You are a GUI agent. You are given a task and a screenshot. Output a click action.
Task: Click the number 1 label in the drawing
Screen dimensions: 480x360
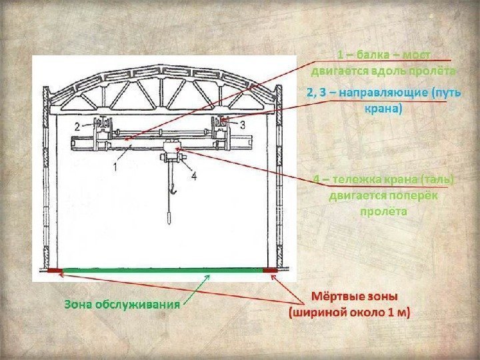click(x=117, y=167)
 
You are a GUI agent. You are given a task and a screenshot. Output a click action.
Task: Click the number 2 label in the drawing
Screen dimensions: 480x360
click(x=77, y=125)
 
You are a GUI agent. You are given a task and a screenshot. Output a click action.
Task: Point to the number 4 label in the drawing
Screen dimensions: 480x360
click(x=193, y=176)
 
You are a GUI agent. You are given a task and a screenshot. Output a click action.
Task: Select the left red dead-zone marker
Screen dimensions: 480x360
click(x=54, y=271)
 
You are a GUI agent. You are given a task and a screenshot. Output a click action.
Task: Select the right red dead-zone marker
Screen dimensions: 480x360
click(x=269, y=271)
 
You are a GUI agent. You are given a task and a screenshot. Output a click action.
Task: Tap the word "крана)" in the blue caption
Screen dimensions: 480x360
click(x=383, y=107)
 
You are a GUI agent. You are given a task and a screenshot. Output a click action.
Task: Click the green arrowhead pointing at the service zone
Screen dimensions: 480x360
click(x=209, y=278)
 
